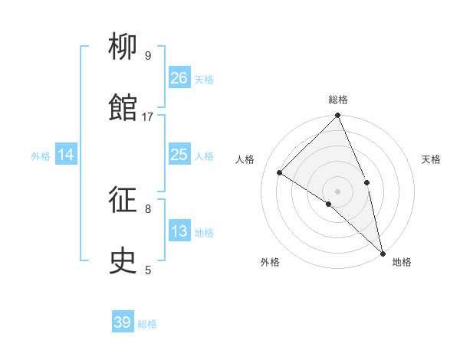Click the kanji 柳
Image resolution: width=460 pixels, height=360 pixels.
point(123,47)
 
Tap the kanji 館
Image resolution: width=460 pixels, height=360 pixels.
point(123,108)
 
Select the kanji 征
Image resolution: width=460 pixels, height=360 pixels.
point(123,200)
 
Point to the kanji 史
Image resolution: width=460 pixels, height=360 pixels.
point(123,261)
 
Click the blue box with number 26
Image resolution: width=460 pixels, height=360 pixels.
point(179,77)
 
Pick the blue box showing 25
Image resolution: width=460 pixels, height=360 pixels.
point(179,155)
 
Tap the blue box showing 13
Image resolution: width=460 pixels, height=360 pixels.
point(179,231)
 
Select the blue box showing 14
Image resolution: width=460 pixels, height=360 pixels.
point(66,155)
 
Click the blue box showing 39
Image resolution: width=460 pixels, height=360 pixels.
point(123,322)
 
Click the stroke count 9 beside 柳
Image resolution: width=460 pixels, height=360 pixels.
point(148,55)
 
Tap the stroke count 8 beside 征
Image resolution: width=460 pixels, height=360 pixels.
point(148,208)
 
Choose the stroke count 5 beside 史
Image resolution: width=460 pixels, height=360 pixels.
point(148,270)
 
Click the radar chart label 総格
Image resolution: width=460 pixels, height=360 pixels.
point(338,100)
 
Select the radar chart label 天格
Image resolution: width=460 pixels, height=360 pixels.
point(431,159)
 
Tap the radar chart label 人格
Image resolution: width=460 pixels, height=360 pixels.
point(245,159)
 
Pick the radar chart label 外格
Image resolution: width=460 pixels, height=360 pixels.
point(270,262)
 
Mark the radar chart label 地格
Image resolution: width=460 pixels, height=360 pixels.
point(402,262)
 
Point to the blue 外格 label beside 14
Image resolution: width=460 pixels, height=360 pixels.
point(41,155)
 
